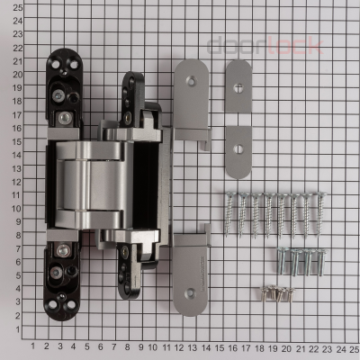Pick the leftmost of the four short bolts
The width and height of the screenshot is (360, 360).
[280, 261]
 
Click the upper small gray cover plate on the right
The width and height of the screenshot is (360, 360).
[238, 87]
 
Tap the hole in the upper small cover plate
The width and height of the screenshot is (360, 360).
[238, 86]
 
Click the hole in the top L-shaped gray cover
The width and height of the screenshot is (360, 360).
[191, 79]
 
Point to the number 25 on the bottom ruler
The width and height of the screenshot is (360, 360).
[354, 346]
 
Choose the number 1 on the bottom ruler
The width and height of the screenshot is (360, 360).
[33, 346]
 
